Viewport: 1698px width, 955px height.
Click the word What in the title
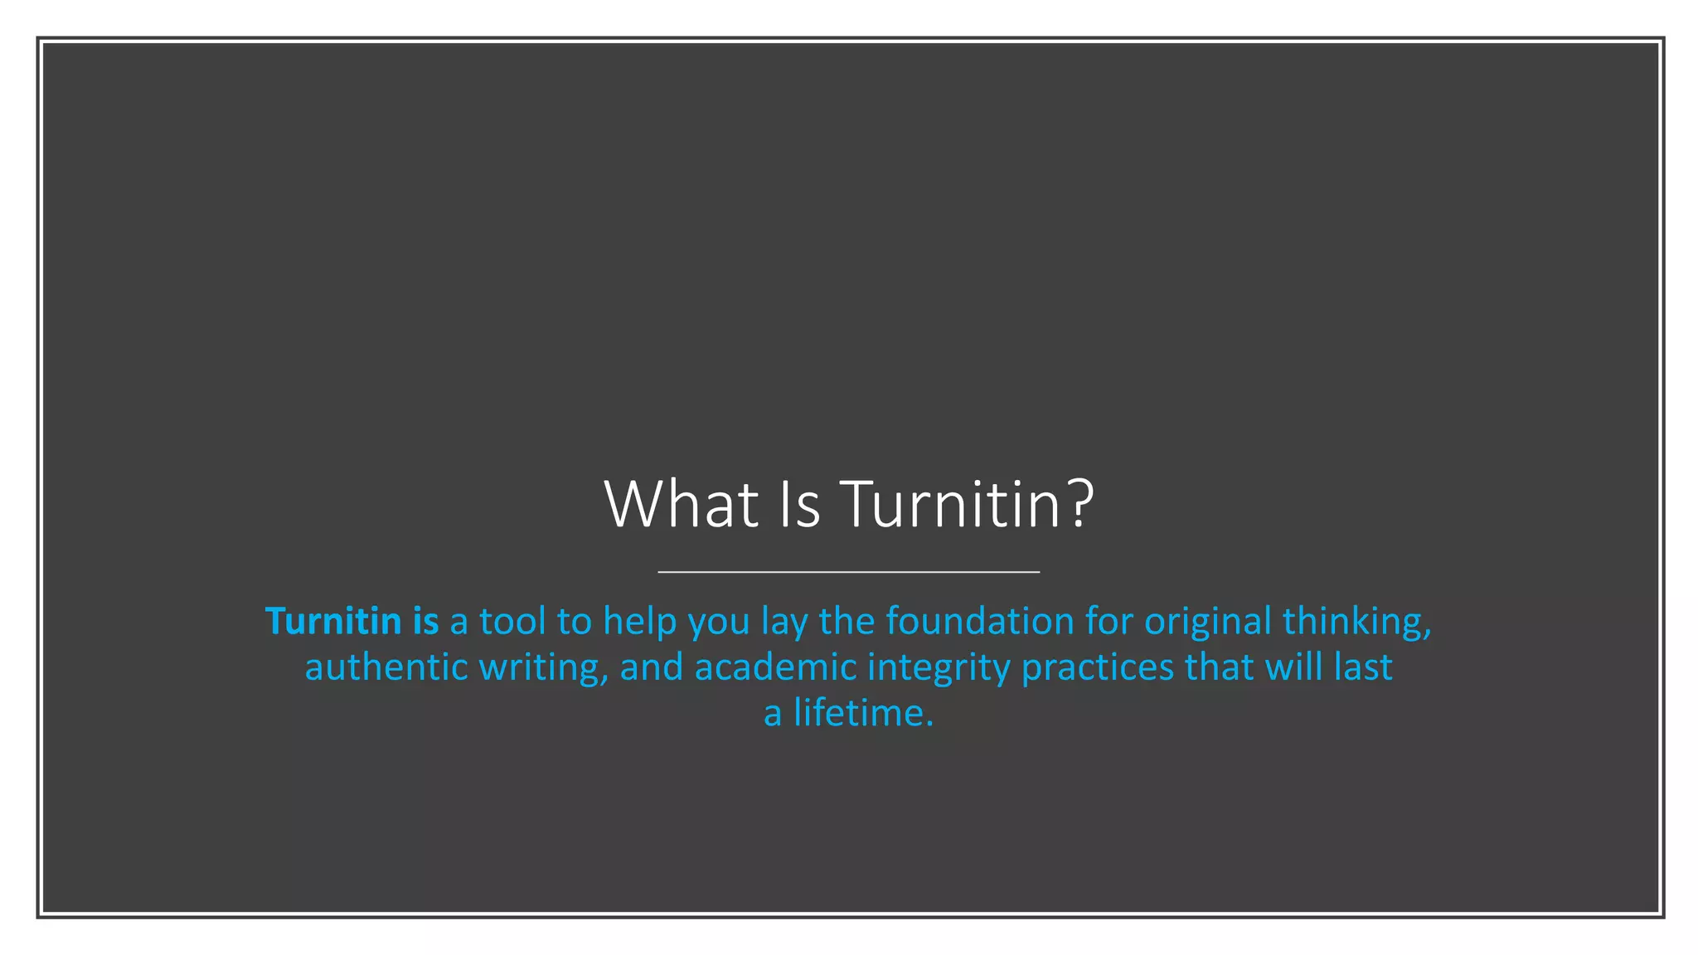682,504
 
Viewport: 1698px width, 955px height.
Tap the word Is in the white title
800,504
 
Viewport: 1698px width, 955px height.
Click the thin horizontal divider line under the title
848,572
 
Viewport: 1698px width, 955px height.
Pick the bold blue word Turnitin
333,621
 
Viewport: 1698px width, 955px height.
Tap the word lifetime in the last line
863,714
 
